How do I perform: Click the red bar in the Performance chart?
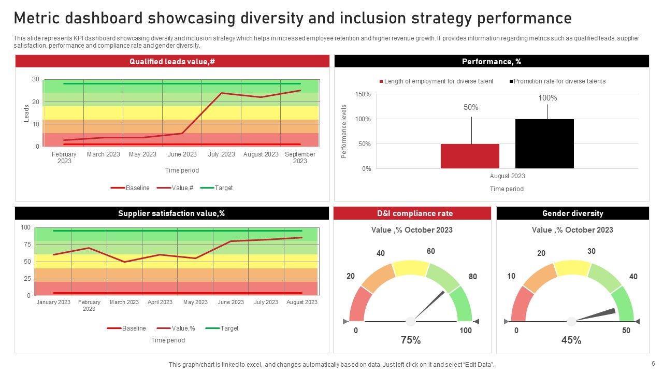click(470, 156)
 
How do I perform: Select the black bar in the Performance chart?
click(544, 144)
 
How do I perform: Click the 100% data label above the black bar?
click(547, 98)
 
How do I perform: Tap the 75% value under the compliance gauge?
click(411, 340)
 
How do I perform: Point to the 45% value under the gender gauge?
click(571, 340)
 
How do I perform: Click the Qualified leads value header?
click(172, 62)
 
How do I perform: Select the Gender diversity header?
click(572, 213)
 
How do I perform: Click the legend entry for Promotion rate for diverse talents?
click(559, 81)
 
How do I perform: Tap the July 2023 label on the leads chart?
click(221, 154)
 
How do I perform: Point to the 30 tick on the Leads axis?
click(36, 79)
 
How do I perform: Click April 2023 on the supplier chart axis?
click(160, 302)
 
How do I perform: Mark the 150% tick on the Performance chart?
click(363, 94)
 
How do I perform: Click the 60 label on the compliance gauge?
click(430, 251)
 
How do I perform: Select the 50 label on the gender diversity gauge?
click(626, 331)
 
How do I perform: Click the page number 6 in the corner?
click(653, 364)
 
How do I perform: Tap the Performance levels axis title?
click(344, 132)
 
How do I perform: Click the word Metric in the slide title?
click(42, 18)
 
